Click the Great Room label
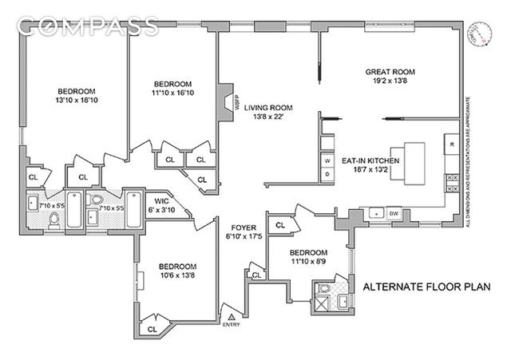pos(390,72)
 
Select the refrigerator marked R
pos(451,144)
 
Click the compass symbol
pos(481,34)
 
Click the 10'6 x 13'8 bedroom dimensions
pos(177,276)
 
